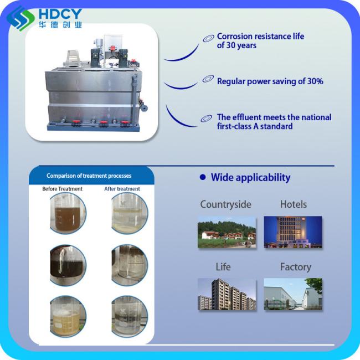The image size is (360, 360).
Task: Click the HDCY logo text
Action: click(x=60, y=14)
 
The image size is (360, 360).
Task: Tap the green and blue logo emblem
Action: click(x=20, y=18)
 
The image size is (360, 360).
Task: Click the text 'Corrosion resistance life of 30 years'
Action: click(x=260, y=40)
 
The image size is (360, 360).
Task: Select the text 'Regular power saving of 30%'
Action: click(x=270, y=81)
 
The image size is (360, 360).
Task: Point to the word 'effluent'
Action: click(x=248, y=117)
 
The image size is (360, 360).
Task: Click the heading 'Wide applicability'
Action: click(x=250, y=177)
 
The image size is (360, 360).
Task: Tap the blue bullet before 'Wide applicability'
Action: click(x=203, y=177)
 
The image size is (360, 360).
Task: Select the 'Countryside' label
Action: click(x=225, y=204)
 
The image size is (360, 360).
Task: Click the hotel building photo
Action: click(x=293, y=232)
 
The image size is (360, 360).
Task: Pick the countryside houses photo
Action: click(x=227, y=232)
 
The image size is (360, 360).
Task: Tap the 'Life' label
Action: click(x=223, y=267)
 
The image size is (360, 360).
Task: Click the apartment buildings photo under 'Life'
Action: click(x=227, y=294)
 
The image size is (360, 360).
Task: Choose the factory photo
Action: click(x=293, y=294)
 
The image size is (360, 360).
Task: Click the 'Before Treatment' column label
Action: click(x=62, y=189)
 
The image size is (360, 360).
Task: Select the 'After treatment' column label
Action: click(x=122, y=189)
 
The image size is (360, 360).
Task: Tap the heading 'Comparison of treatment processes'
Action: click(x=89, y=176)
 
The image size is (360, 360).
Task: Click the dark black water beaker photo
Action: click(x=68, y=265)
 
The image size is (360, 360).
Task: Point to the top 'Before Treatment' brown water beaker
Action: click(x=68, y=213)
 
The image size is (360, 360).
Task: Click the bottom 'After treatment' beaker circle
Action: click(x=130, y=317)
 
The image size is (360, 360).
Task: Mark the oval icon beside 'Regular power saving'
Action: click(x=208, y=79)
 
